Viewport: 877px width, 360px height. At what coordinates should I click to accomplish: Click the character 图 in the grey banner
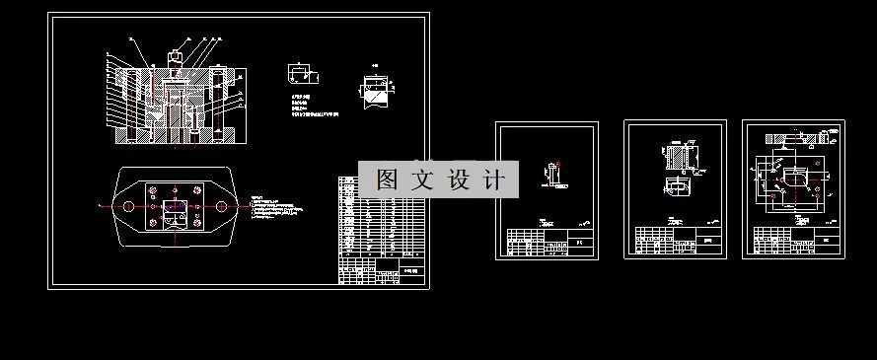[x=388, y=180]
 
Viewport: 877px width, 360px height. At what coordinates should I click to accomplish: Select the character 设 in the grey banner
[x=462, y=180]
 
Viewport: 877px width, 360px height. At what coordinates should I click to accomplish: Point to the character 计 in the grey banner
[x=497, y=180]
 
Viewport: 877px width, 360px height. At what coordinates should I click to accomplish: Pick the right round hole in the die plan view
[x=221, y=206]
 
